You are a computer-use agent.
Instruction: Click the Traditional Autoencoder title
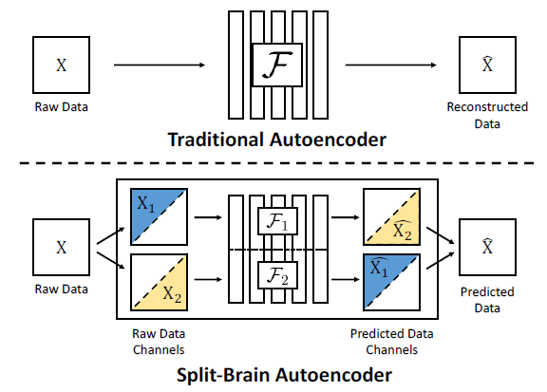click(275, 140)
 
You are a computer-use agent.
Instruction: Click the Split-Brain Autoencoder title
click(275, 375)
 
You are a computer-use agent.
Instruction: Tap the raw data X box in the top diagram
click(61, 65)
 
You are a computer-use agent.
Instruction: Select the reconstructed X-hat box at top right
click(487, 65)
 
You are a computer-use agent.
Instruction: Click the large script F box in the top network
click(275, 65)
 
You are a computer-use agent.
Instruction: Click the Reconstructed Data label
click(487, 114)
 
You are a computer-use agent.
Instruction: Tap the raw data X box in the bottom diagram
click(61, 248)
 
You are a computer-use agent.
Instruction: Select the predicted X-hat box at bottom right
click(487, 248)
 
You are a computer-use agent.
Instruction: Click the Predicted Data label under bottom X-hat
click(487, 300)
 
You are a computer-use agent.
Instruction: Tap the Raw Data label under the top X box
click(61, 106)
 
